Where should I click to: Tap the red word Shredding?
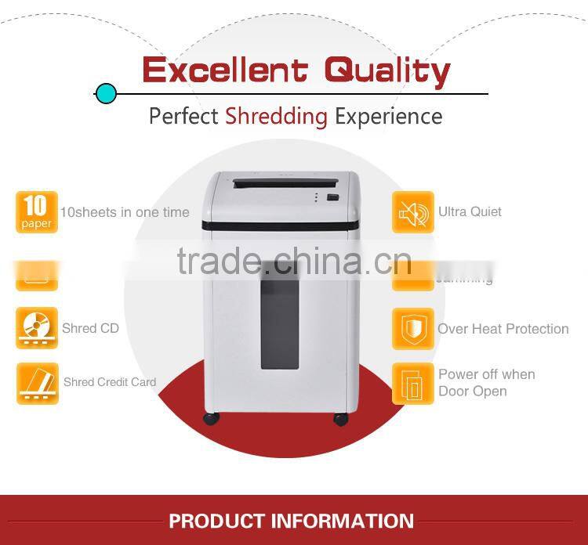tap(276, 117)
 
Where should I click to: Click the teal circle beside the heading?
tap(106, 94)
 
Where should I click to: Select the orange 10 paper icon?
tap(36, 212)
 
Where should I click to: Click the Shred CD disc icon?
tap(37, 327)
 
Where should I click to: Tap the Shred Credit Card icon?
tap(37, 383)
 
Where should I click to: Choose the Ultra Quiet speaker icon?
tap(412, 212)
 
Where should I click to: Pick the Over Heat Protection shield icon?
tap(412, 328)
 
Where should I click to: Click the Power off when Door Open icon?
tap(412, 383)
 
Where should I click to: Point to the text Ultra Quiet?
tap(470, 211)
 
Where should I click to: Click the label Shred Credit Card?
tap(110, 382)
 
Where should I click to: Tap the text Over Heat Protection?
tap(503, 329)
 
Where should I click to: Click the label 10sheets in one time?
tap(125, 212)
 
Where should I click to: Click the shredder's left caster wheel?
tap(212, 418)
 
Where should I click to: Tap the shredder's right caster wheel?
tap(340, 418)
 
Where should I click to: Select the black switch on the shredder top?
tap(333, 197)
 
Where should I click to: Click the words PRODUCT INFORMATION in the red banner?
tap(291, 521)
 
